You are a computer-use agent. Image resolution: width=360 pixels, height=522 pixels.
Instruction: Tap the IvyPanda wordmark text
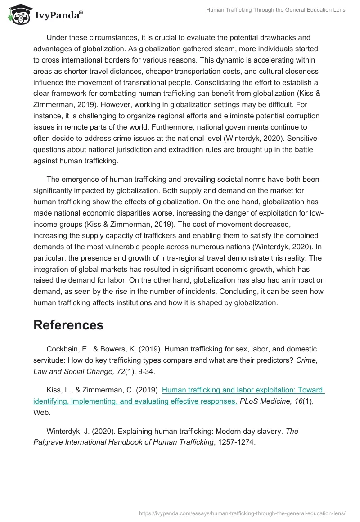pos(58,16)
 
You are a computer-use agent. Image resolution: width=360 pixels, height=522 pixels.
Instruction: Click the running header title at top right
pos(275,10)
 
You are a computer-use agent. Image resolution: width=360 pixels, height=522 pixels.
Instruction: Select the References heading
pos(68,325)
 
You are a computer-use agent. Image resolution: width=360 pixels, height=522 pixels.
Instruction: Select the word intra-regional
pos(171,258)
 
